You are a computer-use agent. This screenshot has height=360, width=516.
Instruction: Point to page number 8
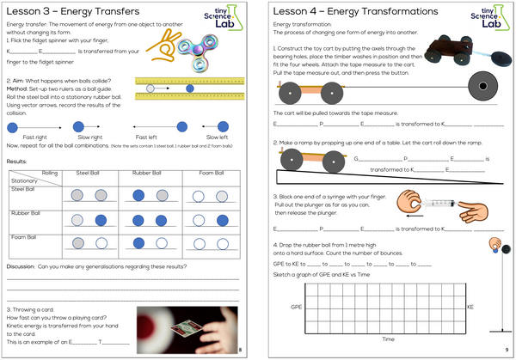tap(241, 349)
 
